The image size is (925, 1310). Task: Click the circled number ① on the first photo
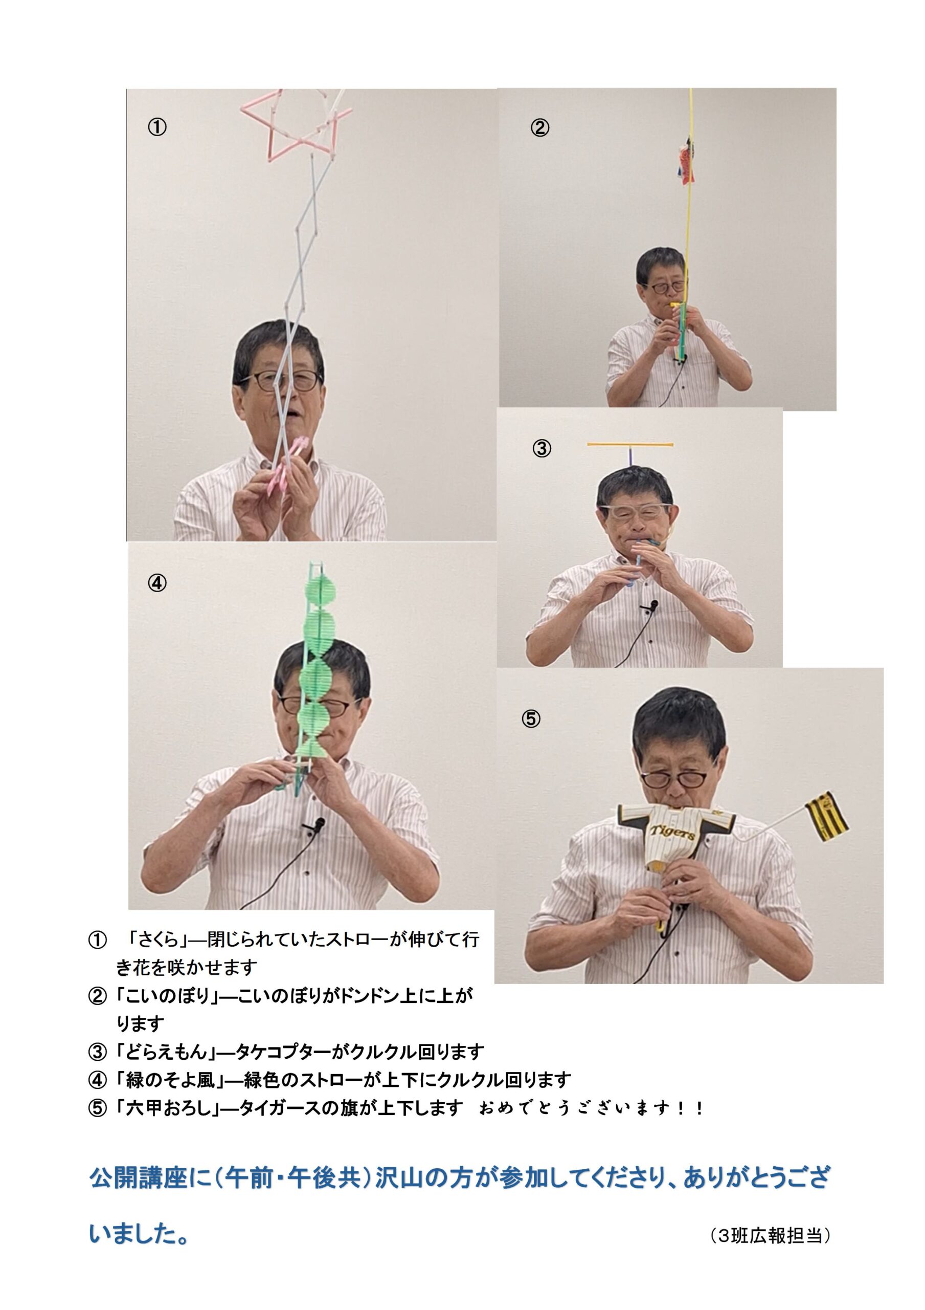pyautogui.click(x=157, y=127)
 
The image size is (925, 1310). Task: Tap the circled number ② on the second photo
pyautogui.click(x=539, y=127)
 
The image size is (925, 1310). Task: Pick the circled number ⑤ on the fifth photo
pyautogui.click(x=530, y=718)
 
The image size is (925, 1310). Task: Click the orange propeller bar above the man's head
pyautogui.click(x=630, y=444)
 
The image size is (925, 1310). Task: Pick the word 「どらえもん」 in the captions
pyautogui.click(x=169, y=1052)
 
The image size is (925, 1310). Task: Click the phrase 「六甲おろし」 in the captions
pyautogui.click(x=169, y=1108)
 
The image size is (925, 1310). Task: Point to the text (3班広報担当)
pyautogui.click(x=771, y=1236)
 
